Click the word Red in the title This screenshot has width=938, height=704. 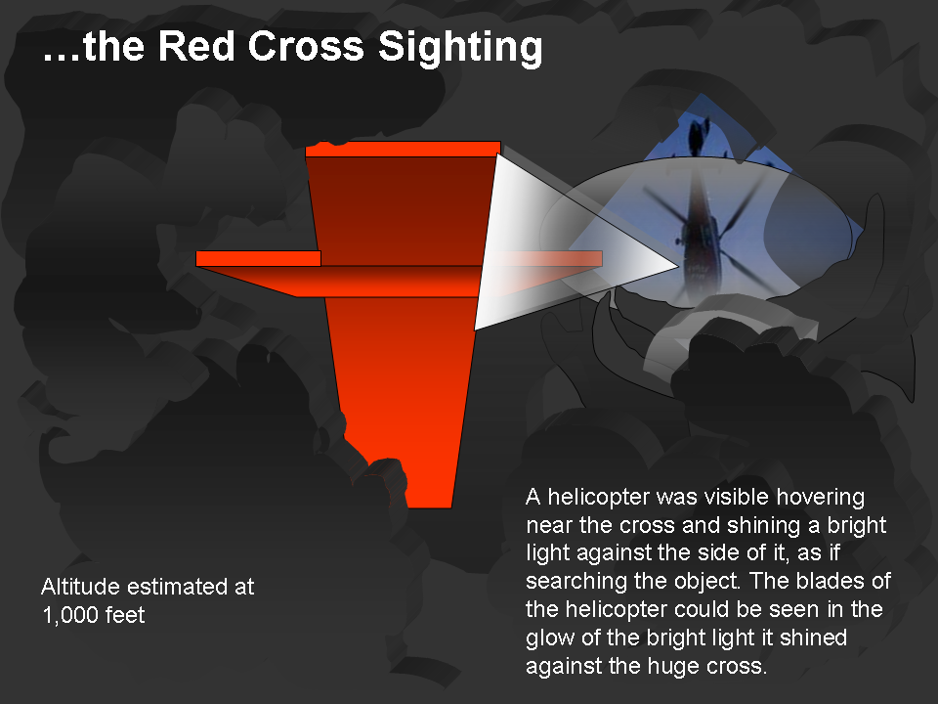195,46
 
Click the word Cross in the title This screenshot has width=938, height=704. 306,46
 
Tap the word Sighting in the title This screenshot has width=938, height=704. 460,48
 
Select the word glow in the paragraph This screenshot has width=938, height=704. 550,638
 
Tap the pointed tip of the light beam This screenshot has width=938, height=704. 679,266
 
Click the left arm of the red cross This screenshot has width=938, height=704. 258,258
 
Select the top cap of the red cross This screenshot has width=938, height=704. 404,149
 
